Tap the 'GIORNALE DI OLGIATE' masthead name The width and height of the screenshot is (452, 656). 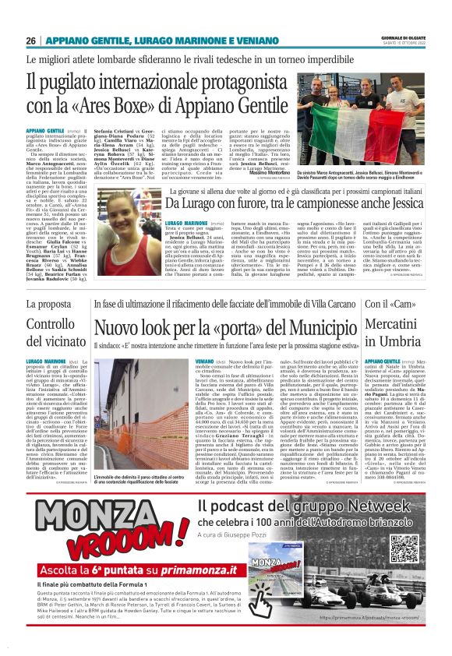(402, 37)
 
